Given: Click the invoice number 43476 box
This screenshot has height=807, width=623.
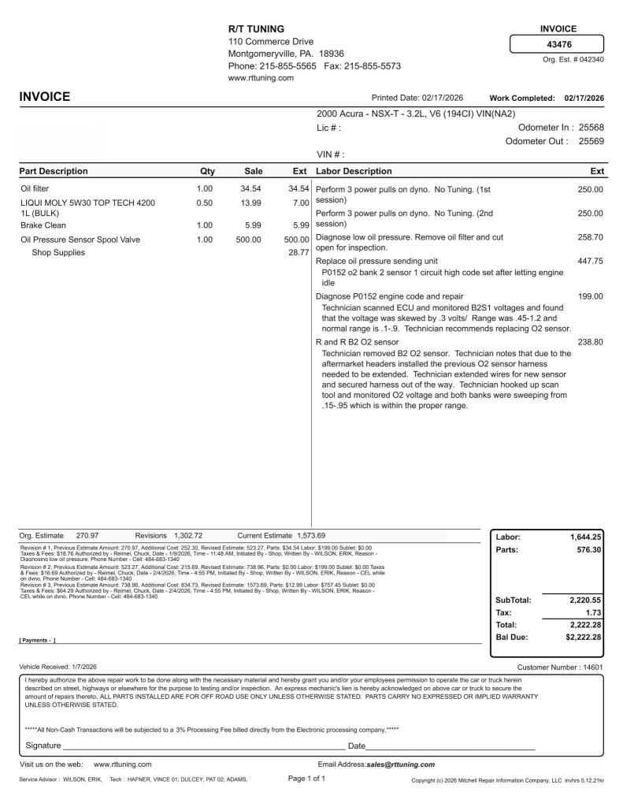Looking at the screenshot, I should tap(558, 45).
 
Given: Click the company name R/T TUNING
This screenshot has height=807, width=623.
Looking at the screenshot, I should tap(256, 29).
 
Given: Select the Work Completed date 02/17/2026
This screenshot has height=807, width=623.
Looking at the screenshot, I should tap(584, 98).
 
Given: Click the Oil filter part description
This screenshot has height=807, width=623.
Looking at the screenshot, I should tap(36, 189).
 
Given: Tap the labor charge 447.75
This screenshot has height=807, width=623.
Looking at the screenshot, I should tap(590, 261).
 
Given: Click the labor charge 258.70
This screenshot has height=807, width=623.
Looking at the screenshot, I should tap(590, 236).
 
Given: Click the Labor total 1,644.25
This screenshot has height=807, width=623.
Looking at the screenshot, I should tap(581, 537).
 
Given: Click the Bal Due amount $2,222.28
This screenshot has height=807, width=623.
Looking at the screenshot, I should tap(579, 637).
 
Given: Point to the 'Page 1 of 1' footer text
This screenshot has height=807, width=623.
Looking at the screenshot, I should tap(306, 779).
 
